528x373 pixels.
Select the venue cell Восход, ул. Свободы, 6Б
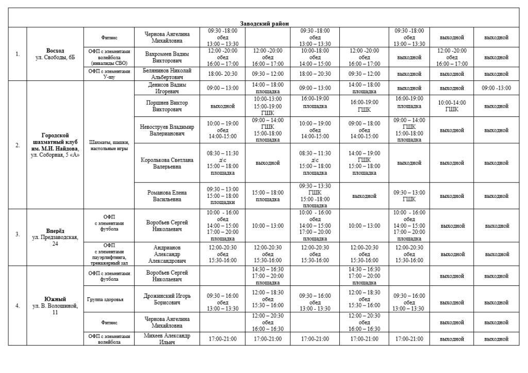click(55, 54)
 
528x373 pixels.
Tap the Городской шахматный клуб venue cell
click(55, 145)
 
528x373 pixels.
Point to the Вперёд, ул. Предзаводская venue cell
click(55, 234)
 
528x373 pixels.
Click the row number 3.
click(18, 234)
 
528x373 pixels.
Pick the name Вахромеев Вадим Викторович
click(167, 57)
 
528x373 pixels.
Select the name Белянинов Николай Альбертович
click(167, 74)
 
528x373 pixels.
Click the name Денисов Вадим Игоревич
click(167, 88)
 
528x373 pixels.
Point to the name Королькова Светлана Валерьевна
click(167, 163)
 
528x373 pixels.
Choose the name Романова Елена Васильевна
click(167, 196)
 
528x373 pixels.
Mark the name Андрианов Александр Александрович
click(167, 254)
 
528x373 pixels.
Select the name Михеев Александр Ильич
click(167, 338)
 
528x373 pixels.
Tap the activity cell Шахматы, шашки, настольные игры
click(109, 145)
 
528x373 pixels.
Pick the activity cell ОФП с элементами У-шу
click(109, 74)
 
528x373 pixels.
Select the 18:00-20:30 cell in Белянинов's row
click(222, 74)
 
